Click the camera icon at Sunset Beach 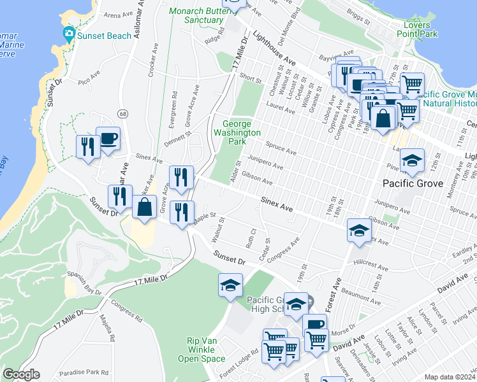pos(68,34)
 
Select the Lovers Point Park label pos(415,28)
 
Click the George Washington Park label pos(241,132)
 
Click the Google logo pos(21,374)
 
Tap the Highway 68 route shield pos(122,113)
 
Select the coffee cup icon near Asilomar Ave pos(108,139)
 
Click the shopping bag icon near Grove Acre pos(145,207)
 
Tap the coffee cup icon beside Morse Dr pos(314,325)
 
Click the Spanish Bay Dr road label pos(84,284)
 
